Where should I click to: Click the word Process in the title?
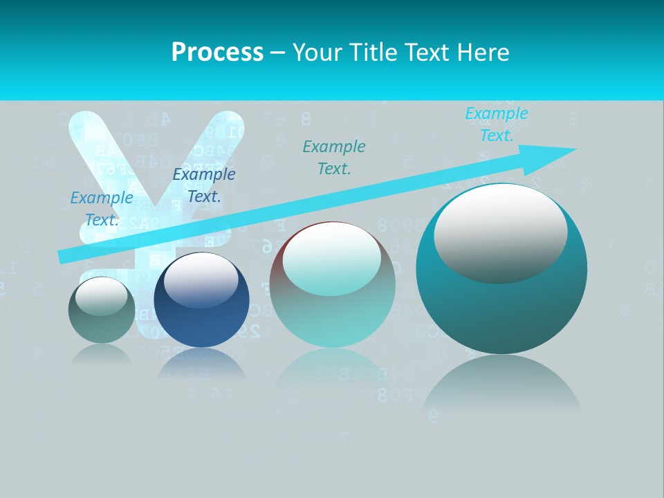click(217, 53)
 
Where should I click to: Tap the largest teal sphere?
click(501, 311)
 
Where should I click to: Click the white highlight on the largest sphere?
click(500, 232)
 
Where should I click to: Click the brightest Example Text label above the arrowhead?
click(496, 124)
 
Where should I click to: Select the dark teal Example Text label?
click(334, 157)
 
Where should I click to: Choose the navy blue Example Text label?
click(204, 185)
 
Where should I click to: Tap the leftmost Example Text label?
click(102, 209)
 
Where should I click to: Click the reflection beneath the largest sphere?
click(501, 384)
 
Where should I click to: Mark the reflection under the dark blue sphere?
click(201, 365)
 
